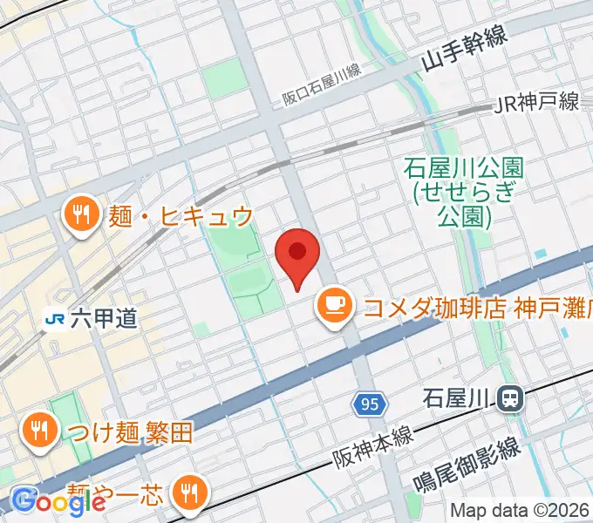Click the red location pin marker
296,255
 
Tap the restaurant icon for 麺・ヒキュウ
81,215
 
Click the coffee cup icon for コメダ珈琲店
333,305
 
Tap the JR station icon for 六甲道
56,319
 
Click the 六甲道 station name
104,319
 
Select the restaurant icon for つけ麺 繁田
38,430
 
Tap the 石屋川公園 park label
452,190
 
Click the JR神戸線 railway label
536,103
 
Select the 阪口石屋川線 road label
322,86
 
